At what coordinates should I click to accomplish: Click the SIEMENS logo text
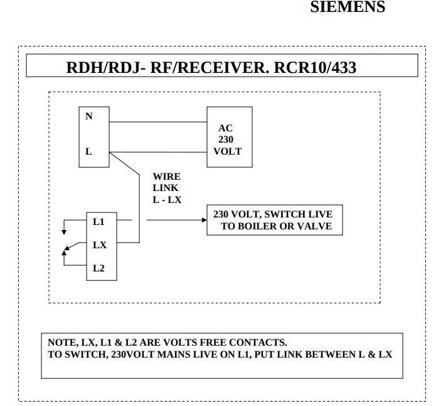click(348, 8)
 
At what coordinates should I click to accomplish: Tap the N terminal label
click(88, 116)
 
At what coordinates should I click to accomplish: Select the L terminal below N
click(88, 151)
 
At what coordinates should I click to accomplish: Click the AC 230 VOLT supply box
click(230, 137)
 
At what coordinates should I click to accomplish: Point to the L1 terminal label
click(98, 221)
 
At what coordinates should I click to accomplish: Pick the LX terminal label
click(100, 245)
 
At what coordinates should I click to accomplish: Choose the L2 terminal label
click(98, 268)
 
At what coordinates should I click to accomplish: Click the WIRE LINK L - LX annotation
click(166, 187)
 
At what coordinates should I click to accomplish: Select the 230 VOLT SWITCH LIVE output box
click(275, 220)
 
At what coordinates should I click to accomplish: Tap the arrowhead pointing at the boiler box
click(203, 221)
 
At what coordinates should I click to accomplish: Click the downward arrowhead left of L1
click(63, 232)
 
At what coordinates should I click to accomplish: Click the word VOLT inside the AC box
click(227, 151)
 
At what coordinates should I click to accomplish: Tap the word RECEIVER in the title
click(222, 67)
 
